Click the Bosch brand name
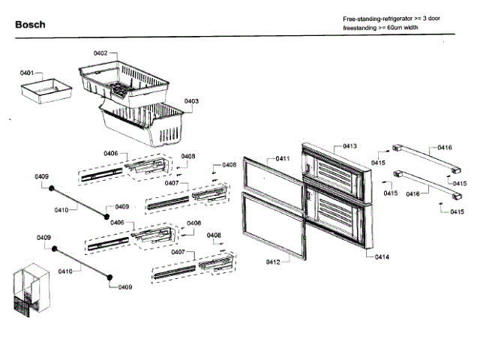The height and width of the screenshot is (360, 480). coord(30,25)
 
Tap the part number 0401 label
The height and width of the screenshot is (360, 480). coord(27,73)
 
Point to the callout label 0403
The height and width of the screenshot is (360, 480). coord(191,101)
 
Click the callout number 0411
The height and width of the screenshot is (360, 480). coord(283,158)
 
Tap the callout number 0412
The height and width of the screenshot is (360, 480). coord(273,262)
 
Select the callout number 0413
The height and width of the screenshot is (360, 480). coord(349,145)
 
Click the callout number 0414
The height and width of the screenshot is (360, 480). coord(381,256)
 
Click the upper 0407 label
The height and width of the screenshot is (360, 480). coord(172,183)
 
